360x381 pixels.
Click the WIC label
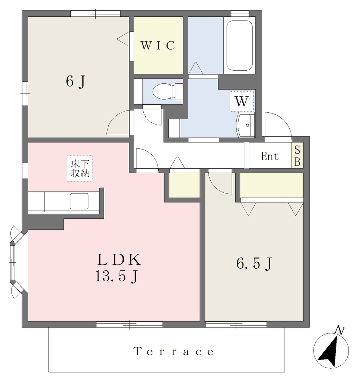[158, 45]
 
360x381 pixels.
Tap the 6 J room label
[76, 81]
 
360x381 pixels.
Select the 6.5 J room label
[254, 263]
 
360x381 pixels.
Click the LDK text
[119, 259]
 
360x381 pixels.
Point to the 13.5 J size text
[117, 276]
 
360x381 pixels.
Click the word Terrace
[174, 352]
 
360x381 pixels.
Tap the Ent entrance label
[270, 156]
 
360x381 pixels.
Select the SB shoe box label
[297, 156]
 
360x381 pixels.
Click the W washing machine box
[242, 101]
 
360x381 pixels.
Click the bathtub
[239, 45]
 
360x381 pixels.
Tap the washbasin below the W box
[245, 125]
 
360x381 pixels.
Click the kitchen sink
[79, 201]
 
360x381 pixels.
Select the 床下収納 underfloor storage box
[80, 169]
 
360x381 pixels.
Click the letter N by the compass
[340, 330]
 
